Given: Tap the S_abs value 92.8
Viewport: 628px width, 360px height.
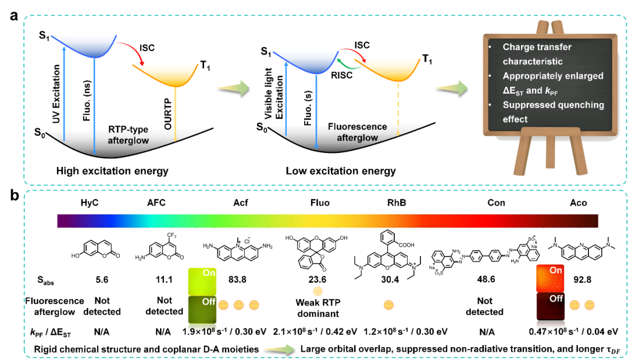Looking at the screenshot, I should (587, 279).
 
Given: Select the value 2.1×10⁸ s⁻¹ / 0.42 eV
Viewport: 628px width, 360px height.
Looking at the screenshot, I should (317, 332).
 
